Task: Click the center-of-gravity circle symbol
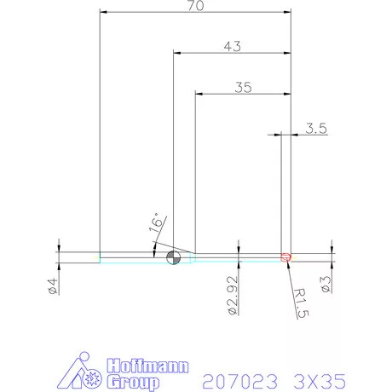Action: tap(173, 256)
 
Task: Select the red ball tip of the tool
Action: tap(287, 255)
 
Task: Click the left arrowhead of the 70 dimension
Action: tap(103, 12)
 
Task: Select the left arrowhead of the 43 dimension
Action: tap(176, 53)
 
